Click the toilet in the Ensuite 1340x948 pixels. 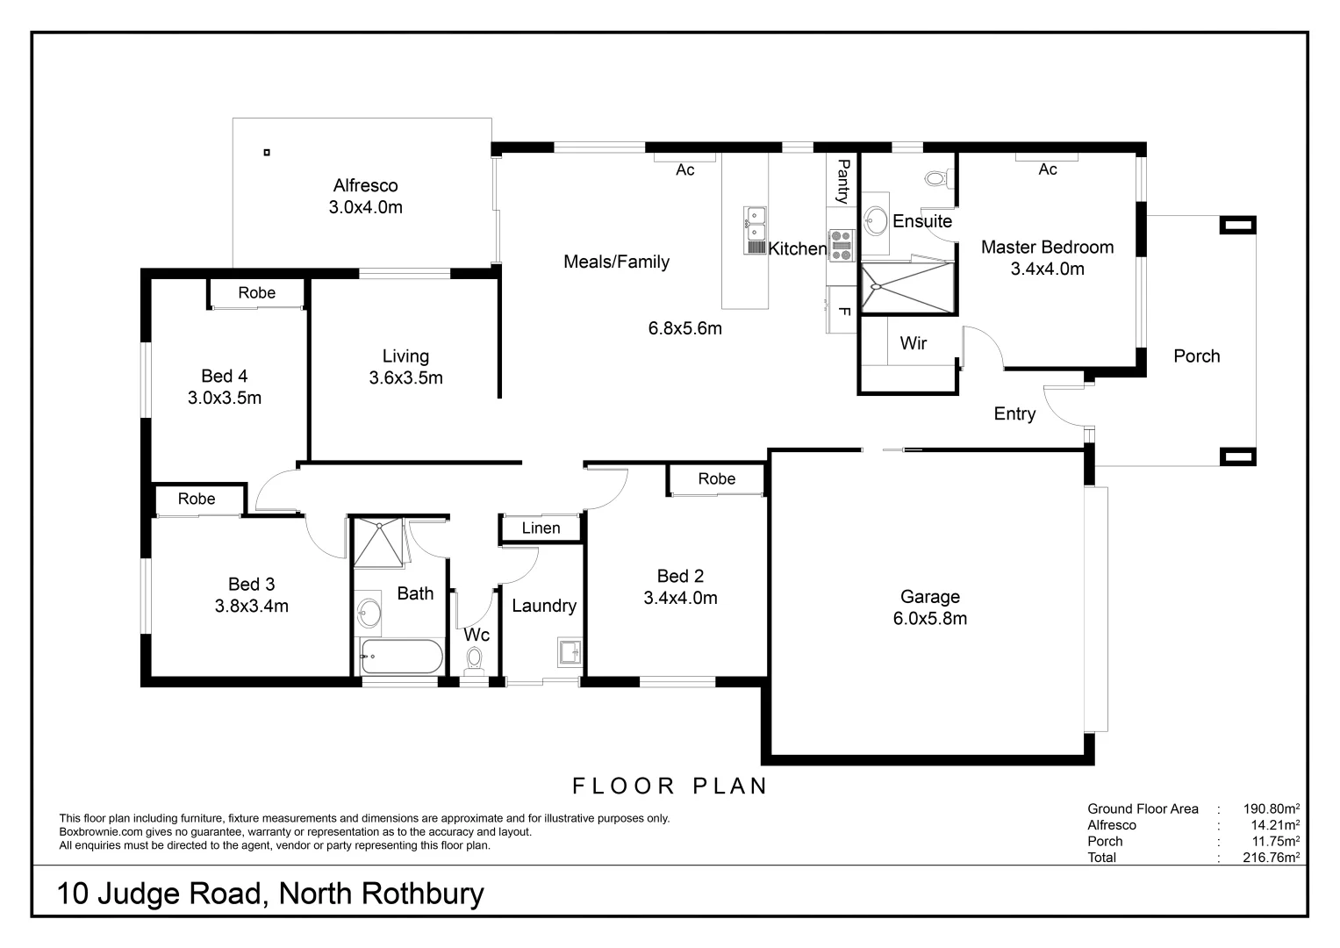[x=935, y=178]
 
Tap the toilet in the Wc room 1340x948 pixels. [x=475, y=657]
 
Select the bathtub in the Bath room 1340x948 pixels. [x=401, y=657]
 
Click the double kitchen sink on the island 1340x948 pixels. [x=755, y=224]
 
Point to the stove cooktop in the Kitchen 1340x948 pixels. [x=841, y=245]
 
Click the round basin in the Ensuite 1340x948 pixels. [x=875, y=219]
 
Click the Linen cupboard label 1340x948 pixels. [x=541, y=528]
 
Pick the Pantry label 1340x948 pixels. [x=842, y=181]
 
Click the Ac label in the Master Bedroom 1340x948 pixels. [x=1048, y=169]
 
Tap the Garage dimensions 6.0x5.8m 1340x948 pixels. [x=930, y=619]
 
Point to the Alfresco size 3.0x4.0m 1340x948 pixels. [x=365, y=208]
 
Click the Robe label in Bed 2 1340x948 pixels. [x=716, y=478]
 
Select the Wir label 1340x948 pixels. [x=914, y=343]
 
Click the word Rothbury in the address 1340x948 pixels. [x=423, y=894]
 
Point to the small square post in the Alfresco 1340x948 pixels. [x=267, y=153]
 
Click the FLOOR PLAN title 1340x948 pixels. [x=670, y=786]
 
